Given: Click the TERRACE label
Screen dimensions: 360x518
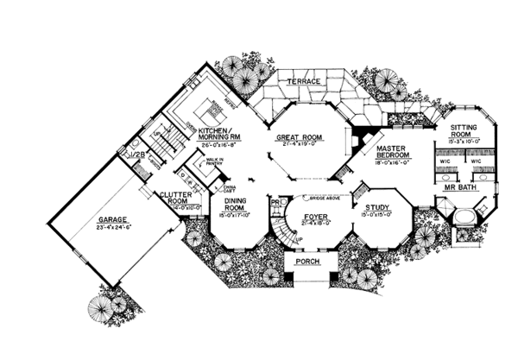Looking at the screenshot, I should point(305,81).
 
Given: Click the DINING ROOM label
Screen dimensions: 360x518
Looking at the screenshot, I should point(231,205).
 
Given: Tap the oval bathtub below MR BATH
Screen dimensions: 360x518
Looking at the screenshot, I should point(467,217).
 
